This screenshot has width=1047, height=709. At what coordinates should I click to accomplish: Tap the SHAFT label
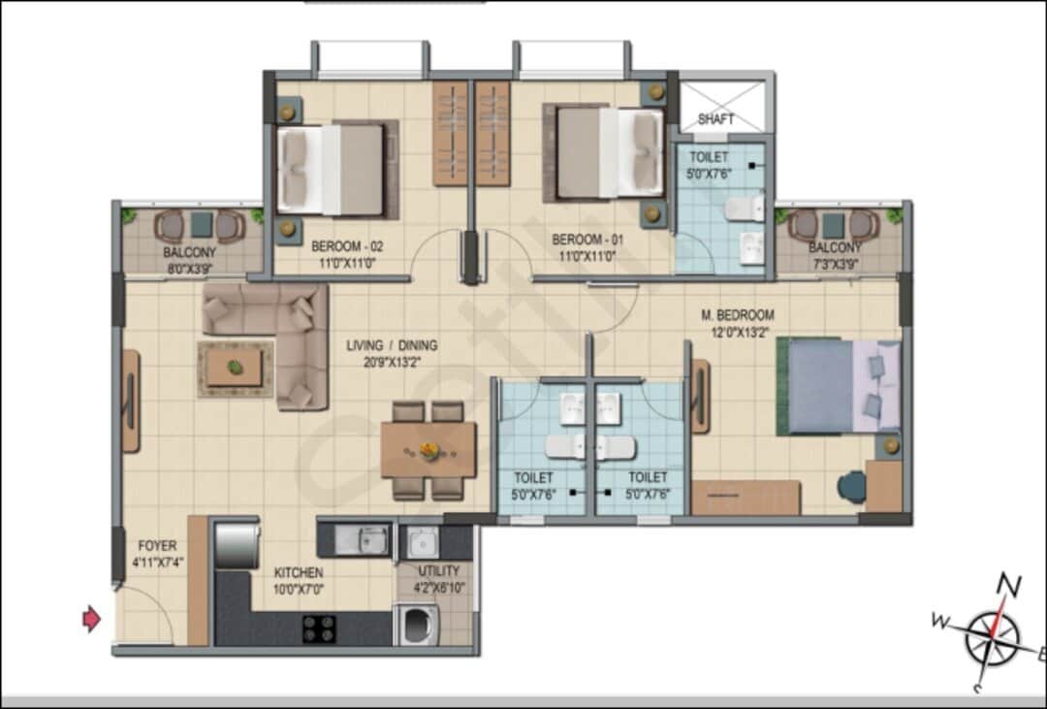click(x=716, y=119)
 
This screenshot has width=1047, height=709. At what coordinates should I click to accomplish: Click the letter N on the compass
click(x=1009, y=585)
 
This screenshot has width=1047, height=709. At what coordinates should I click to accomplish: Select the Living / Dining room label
click(x=393, y=345)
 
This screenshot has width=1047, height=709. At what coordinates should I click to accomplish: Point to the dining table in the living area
click(x=428, y=449)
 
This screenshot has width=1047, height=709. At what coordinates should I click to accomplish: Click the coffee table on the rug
click(x=234, y=368)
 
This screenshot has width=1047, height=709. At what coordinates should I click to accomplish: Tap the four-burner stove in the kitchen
click(x=320, y=629)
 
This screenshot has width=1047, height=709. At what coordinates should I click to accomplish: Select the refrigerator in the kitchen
click(x=237, y=545)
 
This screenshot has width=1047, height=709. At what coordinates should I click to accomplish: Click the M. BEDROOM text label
click(x=738, y=315)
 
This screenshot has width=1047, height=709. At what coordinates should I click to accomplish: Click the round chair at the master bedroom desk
click(x=852, y=485)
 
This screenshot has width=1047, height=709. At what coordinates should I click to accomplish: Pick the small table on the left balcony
click(x=201, y=225)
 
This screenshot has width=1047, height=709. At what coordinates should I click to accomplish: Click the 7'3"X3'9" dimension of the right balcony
click(x=835, y=264)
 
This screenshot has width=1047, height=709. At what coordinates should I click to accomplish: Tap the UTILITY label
click(x=438, y=571)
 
